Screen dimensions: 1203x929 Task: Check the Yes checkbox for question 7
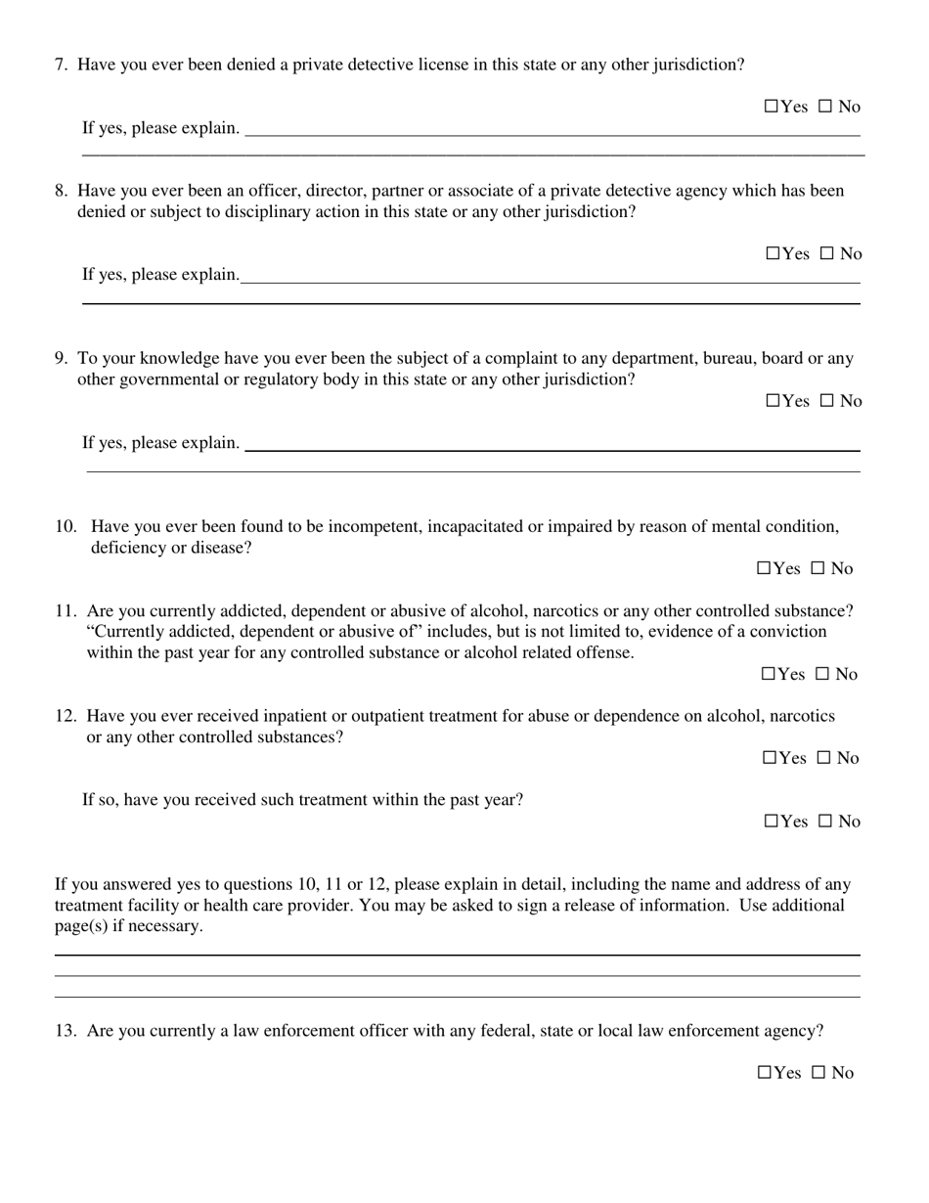[771, 107]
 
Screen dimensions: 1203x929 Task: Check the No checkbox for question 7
[824, 107]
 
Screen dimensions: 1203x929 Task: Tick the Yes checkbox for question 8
[773, 254]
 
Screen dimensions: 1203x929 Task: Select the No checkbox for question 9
[826, 401]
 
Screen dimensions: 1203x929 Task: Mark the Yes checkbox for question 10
[764, 568]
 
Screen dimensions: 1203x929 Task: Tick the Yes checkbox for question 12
[769, 758]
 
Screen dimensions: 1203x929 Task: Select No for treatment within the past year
[824, 822]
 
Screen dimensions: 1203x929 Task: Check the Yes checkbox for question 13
[765, 1073]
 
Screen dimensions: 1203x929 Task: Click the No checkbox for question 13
[818, 1073]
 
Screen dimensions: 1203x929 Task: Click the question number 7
[61, 65]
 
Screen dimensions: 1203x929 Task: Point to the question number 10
[66, 526]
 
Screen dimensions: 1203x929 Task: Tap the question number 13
[66, 1030]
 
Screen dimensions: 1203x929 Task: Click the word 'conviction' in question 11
[788, 631]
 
